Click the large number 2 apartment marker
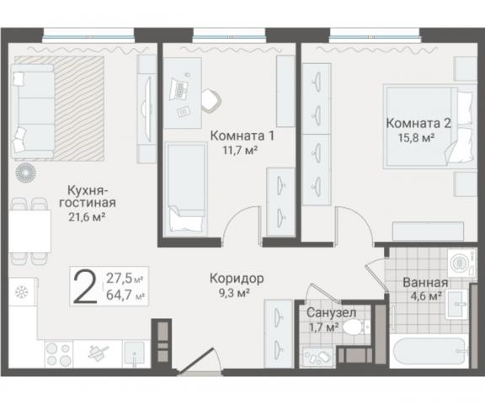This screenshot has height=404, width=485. [x=84, y=287]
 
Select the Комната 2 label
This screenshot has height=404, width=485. [x=418, y=122]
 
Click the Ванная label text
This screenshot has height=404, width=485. [x=424, y=282]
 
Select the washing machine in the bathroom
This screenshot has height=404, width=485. [x=459, y=262]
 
